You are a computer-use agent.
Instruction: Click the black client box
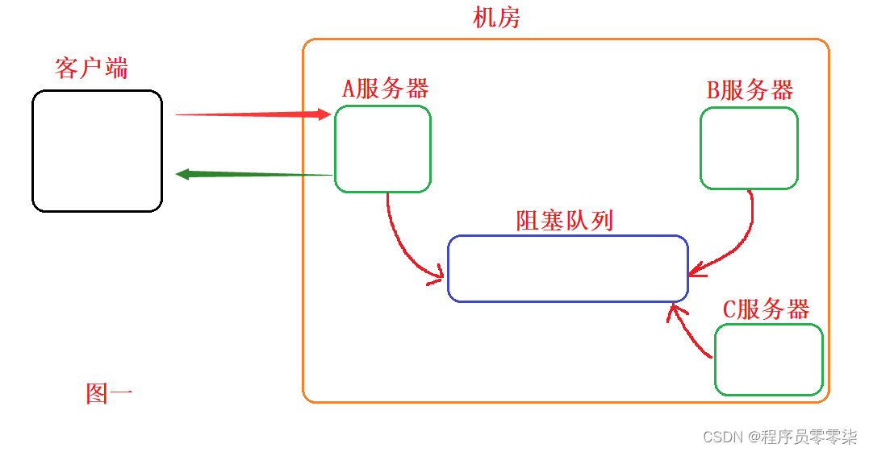pyautogui.click(x=97, y=151)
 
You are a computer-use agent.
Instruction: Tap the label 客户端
pyautogui.click(x=91, y=68)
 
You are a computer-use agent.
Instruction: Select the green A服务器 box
pyautogui.click(x=382, y=149)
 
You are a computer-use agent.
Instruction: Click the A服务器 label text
pyautogui.click(x=385, y=89)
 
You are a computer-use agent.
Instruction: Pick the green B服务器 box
pyautogui.click(x=749, y=148)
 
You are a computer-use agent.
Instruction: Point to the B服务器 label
pyautogui.click(x=750, y=90)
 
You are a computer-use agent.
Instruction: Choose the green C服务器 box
pyautogui.click(x=768, y=360)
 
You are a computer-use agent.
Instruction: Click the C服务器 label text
pyautogui.click(x=765, y=309)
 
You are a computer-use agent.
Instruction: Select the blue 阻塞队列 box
pyautogui.click(x=567, y=268)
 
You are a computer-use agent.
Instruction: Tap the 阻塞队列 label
pyautogui.click(x=565, y=220)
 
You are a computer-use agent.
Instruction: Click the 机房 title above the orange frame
pyautogui.click(x=496, y=18)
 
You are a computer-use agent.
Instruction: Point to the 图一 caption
pyautogui.click(x=109, y=393)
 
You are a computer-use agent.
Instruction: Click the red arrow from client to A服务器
pyautogui.click(x=250, y=115)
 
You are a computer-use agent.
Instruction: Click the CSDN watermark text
pyautogui.click(x=779, y=437)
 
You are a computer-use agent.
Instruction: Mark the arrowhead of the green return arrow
pyautogui.click(x=183, y=173)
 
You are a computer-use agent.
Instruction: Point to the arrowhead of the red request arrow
pyautogui.click(x=324, y=115)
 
